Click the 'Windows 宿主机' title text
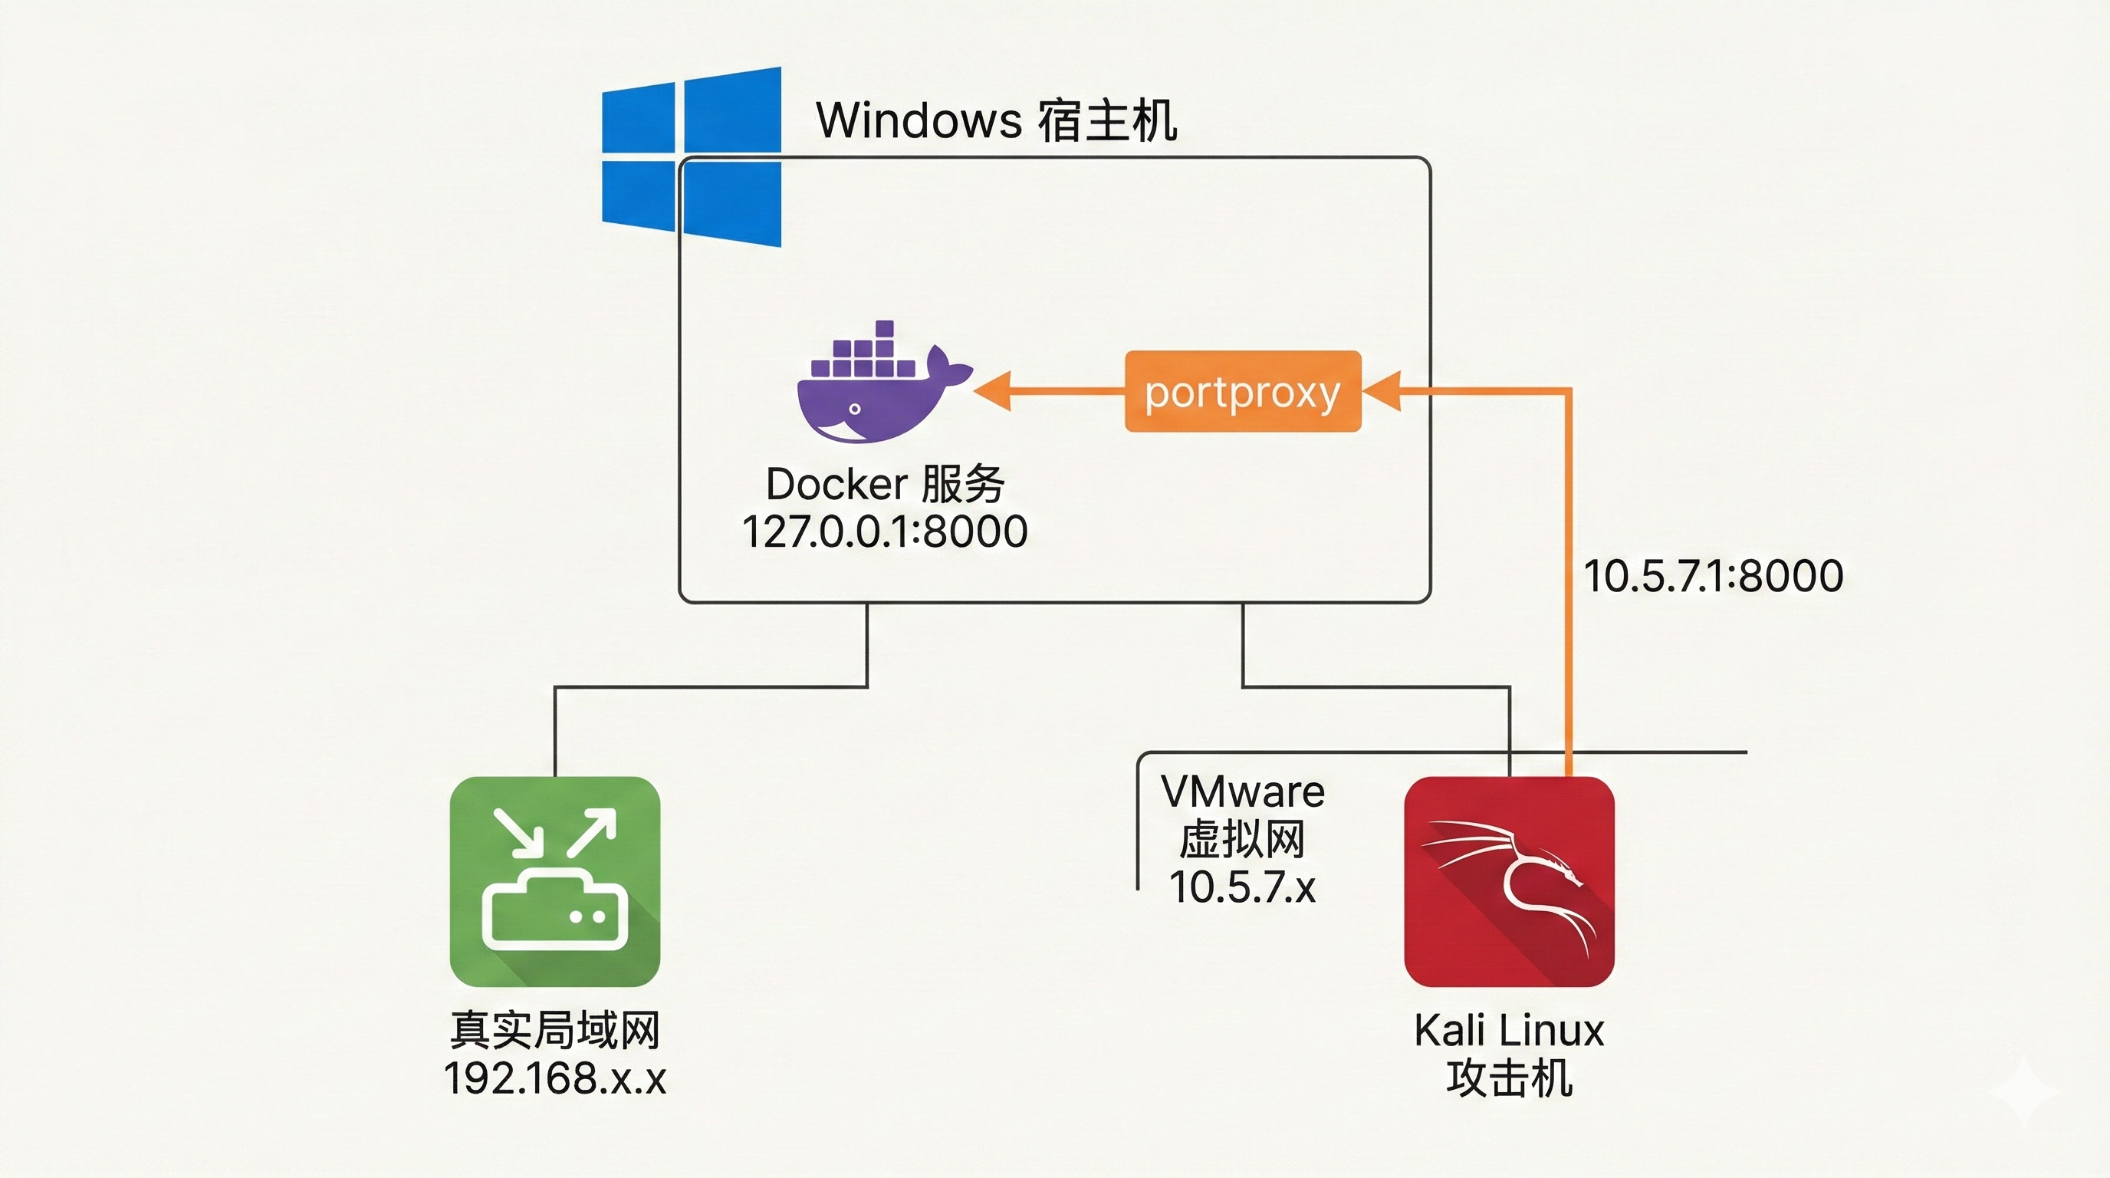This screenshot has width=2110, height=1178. (996, 120)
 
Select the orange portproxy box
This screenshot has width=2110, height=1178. (1243, 392)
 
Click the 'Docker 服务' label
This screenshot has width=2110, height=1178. (885, 484)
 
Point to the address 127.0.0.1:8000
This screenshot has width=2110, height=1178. (885, 531)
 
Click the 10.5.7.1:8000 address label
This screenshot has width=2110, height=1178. (1714, 575)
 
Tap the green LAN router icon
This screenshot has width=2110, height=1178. (554, 880)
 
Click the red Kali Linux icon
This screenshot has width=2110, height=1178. (1509, 880)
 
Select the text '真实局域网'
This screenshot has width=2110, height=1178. (554, 1030)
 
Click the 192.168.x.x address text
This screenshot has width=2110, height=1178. (554, 1078)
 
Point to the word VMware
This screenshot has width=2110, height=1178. (1243, 791)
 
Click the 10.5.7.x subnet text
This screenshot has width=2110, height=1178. (1243, 887)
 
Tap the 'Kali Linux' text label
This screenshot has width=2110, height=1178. (1509, 1030)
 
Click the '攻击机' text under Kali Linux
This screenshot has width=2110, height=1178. (1509, 1078)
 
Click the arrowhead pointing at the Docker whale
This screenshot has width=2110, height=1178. (993, 391)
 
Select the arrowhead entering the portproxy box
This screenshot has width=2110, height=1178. (1382, 391)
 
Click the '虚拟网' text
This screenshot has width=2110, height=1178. (1243, 839)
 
